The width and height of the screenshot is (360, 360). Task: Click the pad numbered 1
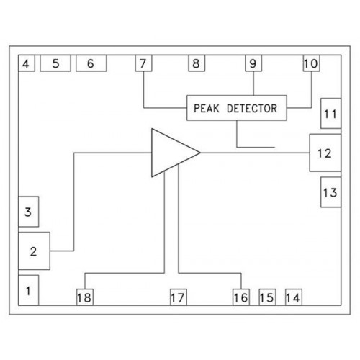click(28, 290)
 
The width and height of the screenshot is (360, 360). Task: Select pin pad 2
click(34, 251)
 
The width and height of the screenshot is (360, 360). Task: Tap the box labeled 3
click(28, 212)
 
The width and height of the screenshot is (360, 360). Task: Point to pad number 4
click(27, 63)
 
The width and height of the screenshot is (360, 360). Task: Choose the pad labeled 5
click(55, 63)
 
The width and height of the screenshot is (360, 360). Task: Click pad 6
click(91, 63)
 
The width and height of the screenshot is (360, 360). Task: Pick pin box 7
click(143, 63)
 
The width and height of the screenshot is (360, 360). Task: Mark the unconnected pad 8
click(197, 63)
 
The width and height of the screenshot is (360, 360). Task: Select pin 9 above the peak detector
click(253, 63)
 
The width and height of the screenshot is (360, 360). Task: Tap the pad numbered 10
click(312, 63)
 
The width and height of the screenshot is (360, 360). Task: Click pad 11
click(331, 113)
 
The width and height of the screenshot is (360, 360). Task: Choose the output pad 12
click(325, 153)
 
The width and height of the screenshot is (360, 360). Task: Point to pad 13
click(331, 192)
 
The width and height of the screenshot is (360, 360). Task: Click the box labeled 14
click(294, 297)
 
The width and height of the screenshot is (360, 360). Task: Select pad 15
click(267, 297)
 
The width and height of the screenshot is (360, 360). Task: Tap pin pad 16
click(241, 297)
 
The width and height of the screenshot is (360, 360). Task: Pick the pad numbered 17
click(179, 297)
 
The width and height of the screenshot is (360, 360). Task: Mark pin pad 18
click(85, 297)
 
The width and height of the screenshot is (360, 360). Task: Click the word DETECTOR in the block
click(252, 108)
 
